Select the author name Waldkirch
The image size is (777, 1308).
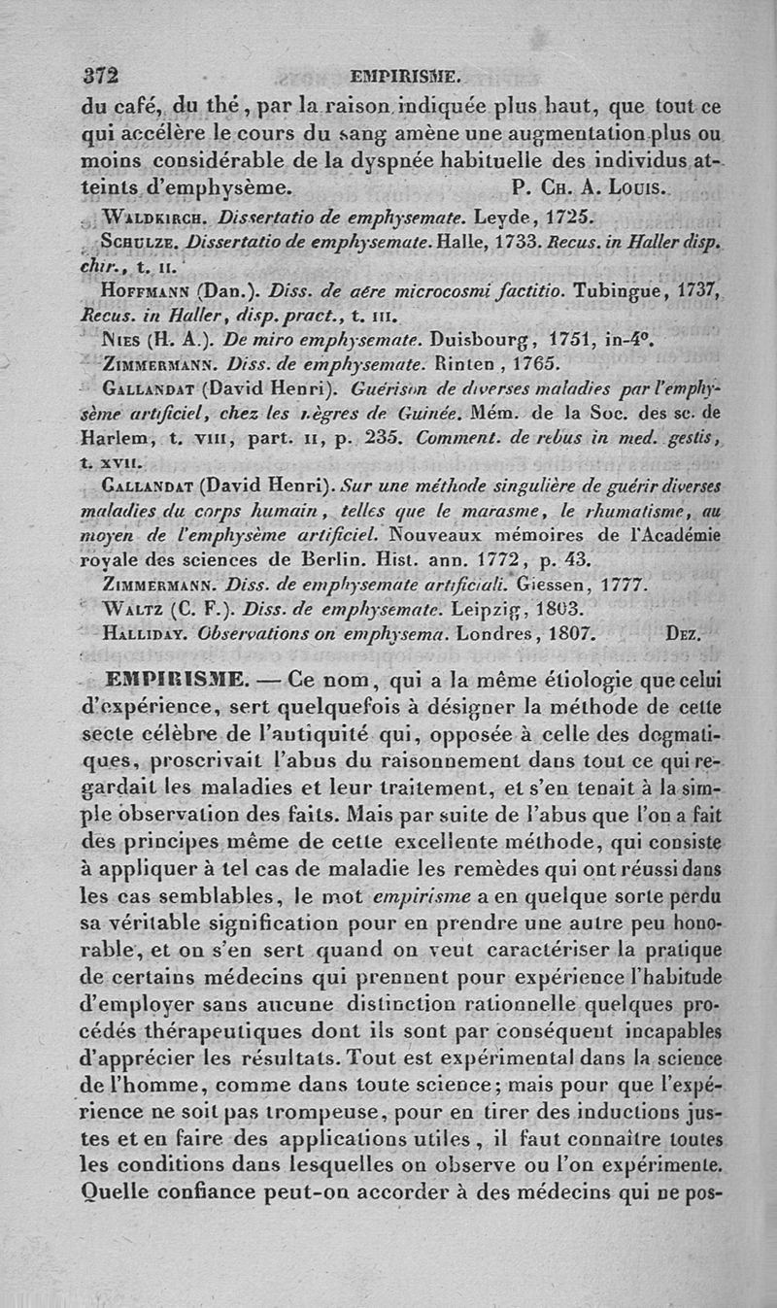pos(154,215)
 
